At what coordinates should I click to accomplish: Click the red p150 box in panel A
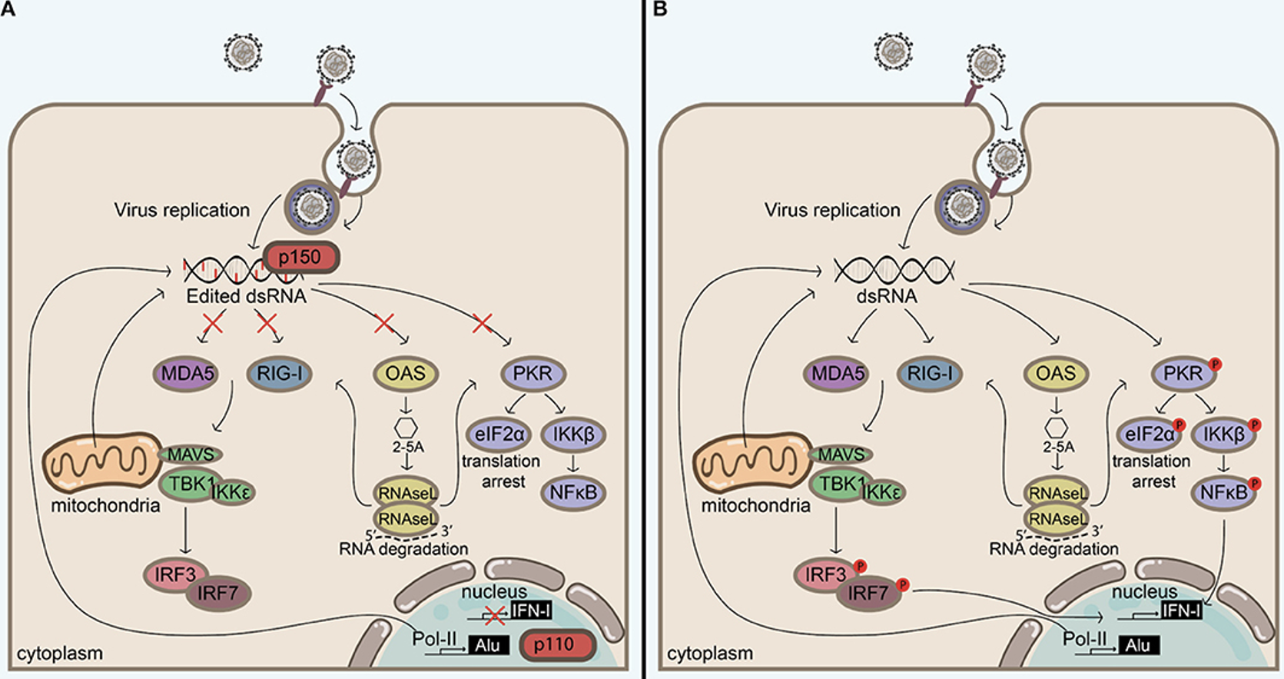coord(300,257)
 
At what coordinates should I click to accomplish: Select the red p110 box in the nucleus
coord(557,645)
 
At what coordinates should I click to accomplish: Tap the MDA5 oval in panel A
coord(187,374)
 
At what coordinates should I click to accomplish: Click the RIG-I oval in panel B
coord(929,374)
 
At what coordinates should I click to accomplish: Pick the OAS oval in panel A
coord(405,374)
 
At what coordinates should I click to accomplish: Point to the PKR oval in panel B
coord(1183,374)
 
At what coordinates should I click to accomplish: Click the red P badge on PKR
coord(1216,364)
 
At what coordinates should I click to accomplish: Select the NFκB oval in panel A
coord(573,492)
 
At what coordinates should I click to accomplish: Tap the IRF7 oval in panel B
coord(868,593)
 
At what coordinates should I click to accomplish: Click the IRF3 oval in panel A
coord(174,574)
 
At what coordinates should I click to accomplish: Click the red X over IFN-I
coord(494,614)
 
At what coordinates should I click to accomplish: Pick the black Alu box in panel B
coord(1138,645)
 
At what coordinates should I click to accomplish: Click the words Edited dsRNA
coord(246,296)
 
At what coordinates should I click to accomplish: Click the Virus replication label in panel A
coord(181,210)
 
